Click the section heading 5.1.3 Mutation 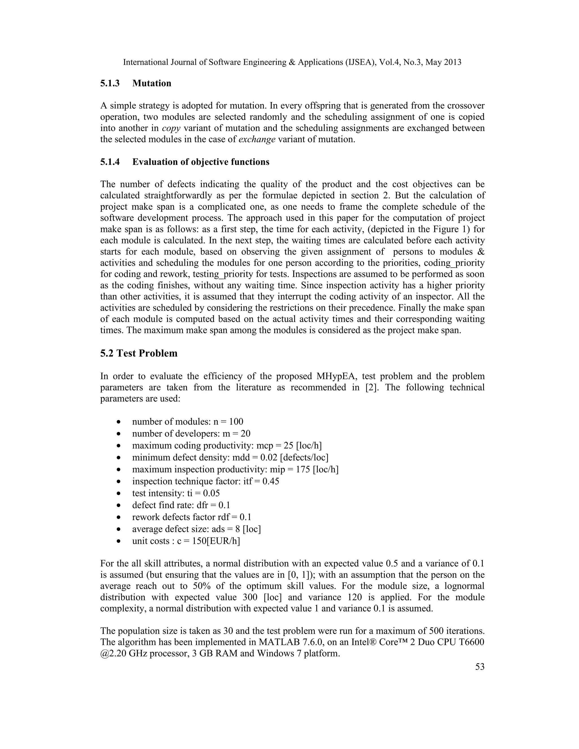click(135, 83)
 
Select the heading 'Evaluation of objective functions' click(201, 162)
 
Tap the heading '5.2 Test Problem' click(139, 353)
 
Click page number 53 click(480, 667)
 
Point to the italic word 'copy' click(171, 128)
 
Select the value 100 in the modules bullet click(236, 421)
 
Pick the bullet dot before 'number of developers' click(119, 434)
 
